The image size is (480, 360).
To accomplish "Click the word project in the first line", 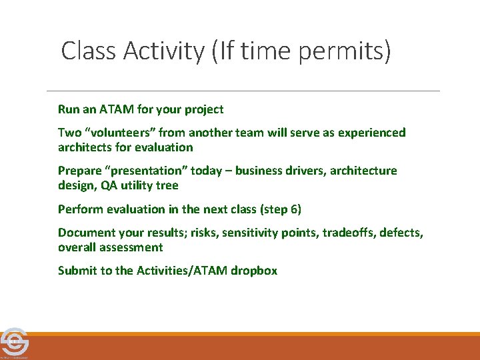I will tap(203, 109).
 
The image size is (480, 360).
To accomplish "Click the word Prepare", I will tap(80, 171).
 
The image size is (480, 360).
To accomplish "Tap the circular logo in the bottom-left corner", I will tap(14, 342).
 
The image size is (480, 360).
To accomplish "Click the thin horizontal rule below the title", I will tap(243, 91).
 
